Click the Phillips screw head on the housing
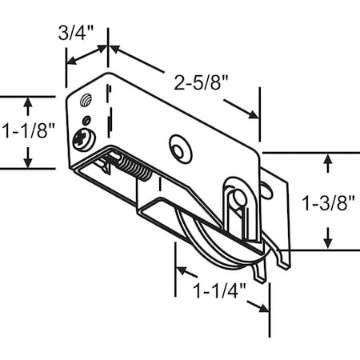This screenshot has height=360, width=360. [85, 138]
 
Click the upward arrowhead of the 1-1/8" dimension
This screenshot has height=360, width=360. [29, 102]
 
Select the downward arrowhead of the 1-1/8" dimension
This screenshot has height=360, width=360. [29, 162]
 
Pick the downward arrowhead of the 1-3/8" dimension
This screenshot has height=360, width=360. [327, 243]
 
